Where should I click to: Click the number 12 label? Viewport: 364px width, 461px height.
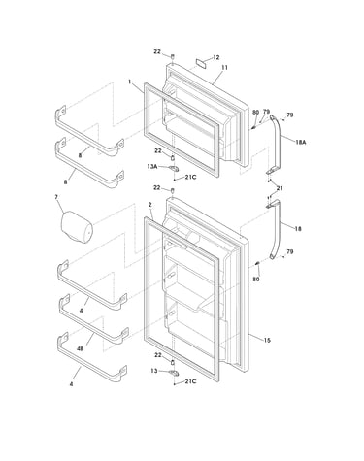coord(216,57)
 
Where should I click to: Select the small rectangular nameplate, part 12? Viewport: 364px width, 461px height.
coord(201,63)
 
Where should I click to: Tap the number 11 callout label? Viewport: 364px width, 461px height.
coord(224,68)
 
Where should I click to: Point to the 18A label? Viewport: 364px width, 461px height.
coord(301,142)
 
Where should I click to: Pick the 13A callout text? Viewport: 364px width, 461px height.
coord(151,167)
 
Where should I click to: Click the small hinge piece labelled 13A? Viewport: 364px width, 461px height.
coord(174,168)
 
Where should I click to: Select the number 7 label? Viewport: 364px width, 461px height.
coord(56,197)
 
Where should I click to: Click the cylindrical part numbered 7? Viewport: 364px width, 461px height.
coord(77,226)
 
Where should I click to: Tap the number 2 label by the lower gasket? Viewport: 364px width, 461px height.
coord(149,205)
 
